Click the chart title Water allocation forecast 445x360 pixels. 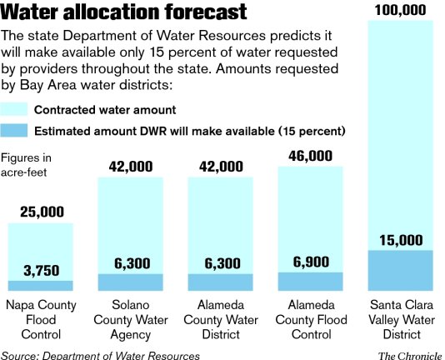tap(124, 12)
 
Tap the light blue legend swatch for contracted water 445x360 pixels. tap(14, 110)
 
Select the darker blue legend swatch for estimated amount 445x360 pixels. tap(14, 131)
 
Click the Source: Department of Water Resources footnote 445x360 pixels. tap(100, 354)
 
